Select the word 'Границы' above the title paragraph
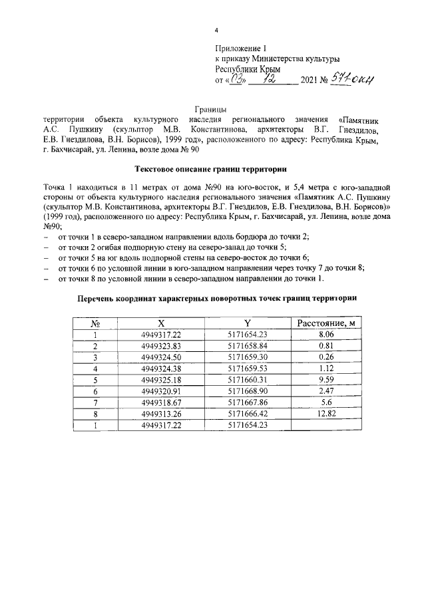212,108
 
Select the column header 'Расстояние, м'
325,323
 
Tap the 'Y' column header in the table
248,323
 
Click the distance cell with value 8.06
325,335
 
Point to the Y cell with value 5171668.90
248,391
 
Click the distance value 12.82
325,413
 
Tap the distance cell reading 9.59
325,380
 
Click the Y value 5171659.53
248,369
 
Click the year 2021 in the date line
312,80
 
